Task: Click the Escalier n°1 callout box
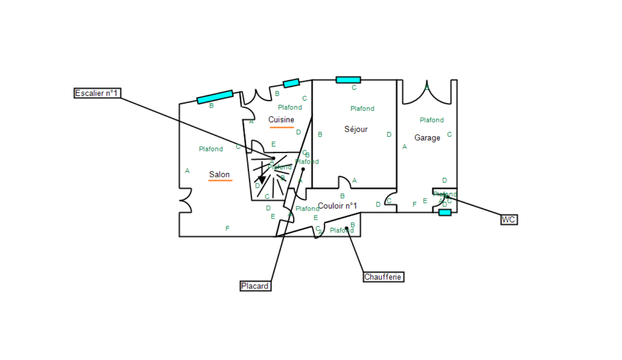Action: click(x=96, y=93)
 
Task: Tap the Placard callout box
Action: click(x=255, y=286)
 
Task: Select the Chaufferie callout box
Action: click(x=384, y=277)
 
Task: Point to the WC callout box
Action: click(x=509, y=220)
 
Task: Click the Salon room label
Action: click(x=219, y=174)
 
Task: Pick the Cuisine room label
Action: click(x=281, y=120)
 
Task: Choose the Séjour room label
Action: click(x=356, y=129)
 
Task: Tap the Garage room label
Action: click(x=427, y=138)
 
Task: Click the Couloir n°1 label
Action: click(x=338, y=205)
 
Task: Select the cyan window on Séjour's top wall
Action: click(x=348, y=80)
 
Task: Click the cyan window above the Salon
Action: click(x=215, y=97)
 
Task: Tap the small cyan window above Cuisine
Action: click(x=291, y=83)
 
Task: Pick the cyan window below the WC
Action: click(x=445, y=212)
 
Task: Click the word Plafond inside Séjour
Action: click(x=362, y=109)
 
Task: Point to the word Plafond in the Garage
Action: click(x=432, y=120)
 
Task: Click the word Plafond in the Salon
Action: click(x=211, y=149)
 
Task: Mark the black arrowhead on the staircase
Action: click(x=262, y=180)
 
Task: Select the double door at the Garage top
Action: click(x=427, y=93)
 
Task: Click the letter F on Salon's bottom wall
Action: click(x=227, y=228)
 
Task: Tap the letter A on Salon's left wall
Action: click(x=187, y=171)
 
